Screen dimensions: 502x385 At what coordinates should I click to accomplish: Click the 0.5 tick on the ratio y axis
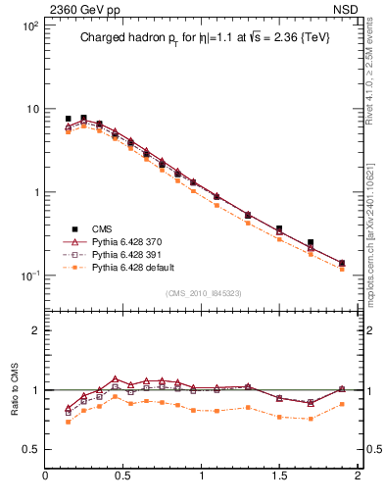[32, 449]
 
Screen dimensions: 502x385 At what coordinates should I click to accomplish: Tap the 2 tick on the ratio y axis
[37, 330]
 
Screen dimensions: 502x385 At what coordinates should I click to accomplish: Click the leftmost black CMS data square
[68, 119]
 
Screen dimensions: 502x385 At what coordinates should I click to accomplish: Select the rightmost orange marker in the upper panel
[342, 269]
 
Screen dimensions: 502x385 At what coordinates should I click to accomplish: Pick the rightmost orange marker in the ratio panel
[342, 404]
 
